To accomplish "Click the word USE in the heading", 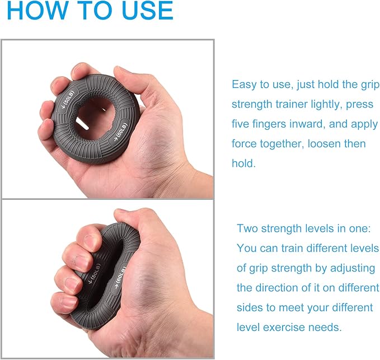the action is point(148,10).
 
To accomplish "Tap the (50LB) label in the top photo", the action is point(68,100).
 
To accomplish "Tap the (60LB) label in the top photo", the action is point(121,132).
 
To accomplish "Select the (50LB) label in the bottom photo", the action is point(94,273).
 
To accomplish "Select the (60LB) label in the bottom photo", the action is point(120,277).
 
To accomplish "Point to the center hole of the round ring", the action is point(93,117).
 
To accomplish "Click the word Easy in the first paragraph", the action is point(244,85).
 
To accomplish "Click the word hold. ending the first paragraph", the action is point(244,163).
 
